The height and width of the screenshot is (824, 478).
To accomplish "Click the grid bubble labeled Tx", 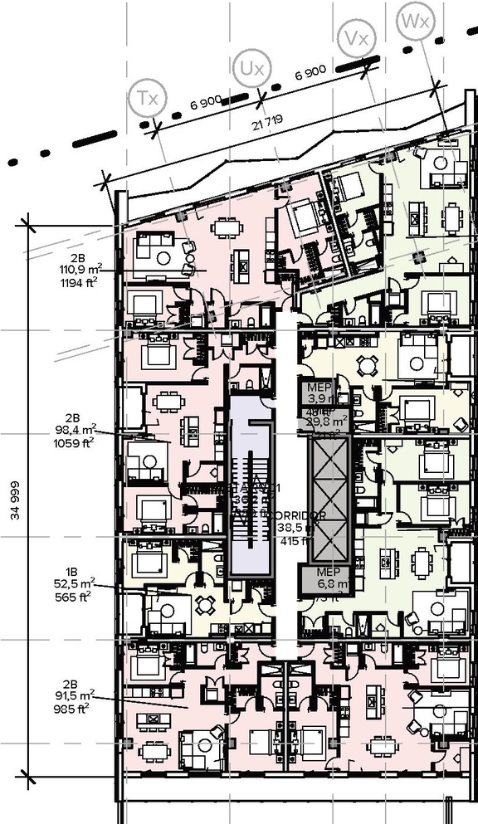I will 147,98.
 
